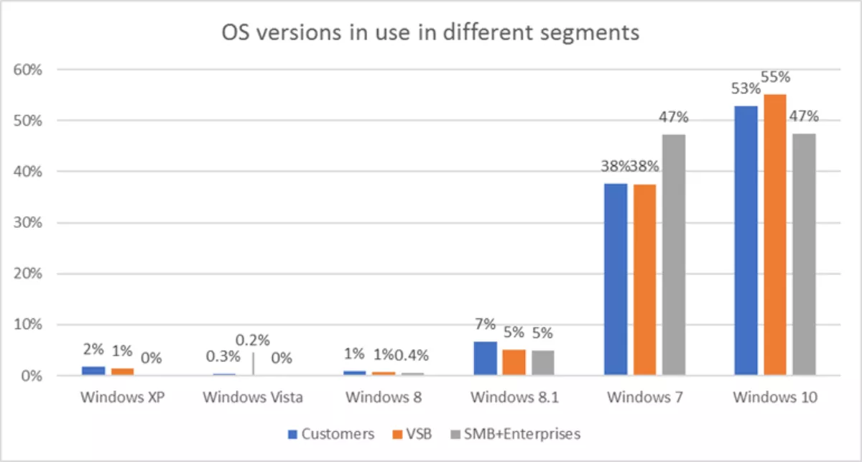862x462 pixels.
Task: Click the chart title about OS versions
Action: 431,32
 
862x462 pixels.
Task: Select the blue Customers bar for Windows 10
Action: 746,241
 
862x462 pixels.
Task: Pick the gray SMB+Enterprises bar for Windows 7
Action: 674,255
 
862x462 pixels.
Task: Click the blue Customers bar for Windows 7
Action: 616,279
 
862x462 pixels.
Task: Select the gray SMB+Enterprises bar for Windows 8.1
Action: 543,363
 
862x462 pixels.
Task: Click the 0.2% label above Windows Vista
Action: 253,340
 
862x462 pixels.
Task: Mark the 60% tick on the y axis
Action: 29,70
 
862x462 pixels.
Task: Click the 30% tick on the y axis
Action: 29,223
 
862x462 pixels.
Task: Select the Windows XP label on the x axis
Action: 123,397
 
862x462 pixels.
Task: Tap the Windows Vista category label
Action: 253,397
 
